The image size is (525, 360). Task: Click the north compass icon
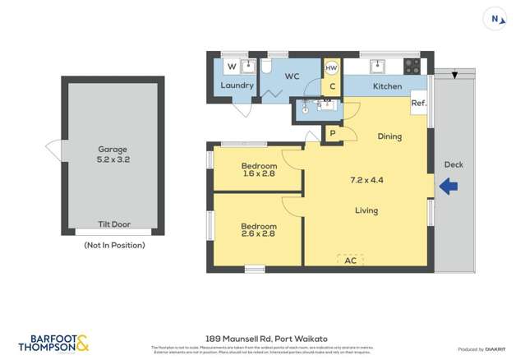(x=495, y=19)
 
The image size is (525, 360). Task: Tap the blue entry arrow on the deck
(x=449, y=187)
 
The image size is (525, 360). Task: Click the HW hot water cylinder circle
(x=332, y=68)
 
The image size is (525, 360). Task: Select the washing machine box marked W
(x=231, y=66)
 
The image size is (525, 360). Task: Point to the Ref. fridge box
(x=419, y=103)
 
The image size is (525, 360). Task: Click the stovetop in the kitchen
(x=412, y=66)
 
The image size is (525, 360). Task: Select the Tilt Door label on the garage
(x=113, y=224)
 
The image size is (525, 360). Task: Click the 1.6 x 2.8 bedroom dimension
(x=259, y=173)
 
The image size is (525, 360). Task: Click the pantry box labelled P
(x=333, y=133)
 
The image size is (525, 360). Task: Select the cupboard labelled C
(x=332, y=85)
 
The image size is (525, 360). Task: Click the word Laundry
(x=237, y=85)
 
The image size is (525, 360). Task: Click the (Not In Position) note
(x=114, y=245)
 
